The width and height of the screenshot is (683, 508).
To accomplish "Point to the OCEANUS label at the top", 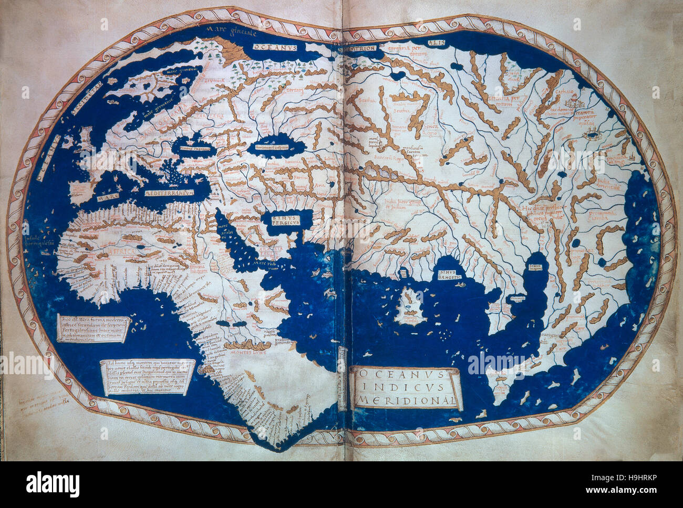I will (x=275, y=47).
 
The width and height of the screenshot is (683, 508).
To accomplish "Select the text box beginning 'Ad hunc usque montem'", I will (x=147, y=377).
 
